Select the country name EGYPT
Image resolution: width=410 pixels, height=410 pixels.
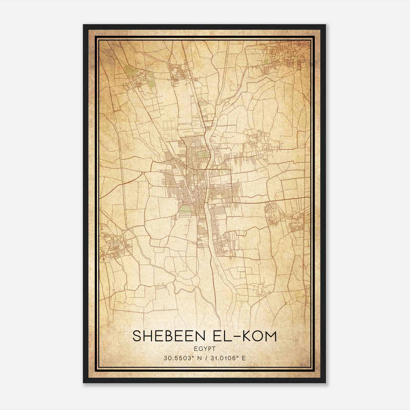[205, 349]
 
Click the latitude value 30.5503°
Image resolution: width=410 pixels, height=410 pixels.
[179, 358]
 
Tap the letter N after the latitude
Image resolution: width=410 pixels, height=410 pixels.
[198, 358]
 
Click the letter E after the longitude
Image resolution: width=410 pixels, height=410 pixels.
[244, 358]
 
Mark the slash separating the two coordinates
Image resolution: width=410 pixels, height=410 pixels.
[206, 358]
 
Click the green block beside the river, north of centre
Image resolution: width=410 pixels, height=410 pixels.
[204, 154]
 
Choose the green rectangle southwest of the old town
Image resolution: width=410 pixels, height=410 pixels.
[185, 210]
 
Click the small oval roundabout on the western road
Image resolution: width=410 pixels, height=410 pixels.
[143, 174]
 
